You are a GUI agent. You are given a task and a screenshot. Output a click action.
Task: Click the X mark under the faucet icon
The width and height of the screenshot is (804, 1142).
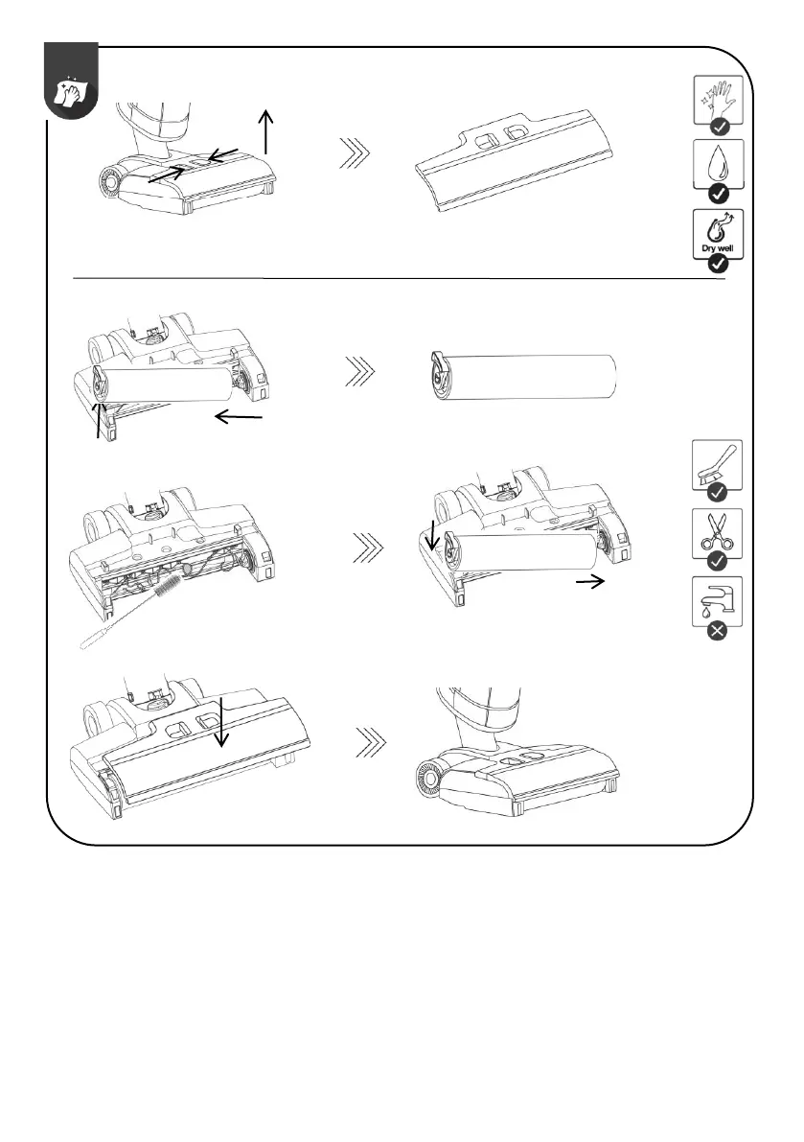pyautogui.click(x=716, y=632)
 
